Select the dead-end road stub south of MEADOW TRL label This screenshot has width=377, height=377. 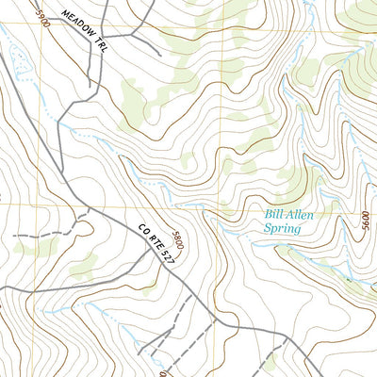pos(92,90)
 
